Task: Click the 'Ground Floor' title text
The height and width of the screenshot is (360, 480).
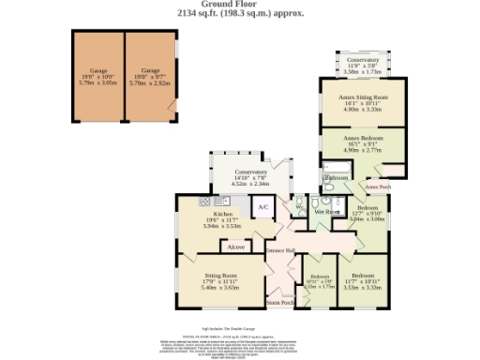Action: pos(239,6)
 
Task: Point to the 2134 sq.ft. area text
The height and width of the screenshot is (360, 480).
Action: pos(239,14)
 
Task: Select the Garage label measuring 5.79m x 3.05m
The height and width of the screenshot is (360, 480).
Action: pos(98,70)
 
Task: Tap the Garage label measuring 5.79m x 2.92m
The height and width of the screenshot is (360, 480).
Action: pos(150,70)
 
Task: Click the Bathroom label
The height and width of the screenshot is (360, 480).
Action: pos(337,176)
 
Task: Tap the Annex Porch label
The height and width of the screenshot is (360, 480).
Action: pos(378,186)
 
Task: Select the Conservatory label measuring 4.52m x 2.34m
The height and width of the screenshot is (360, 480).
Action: pos(250,172)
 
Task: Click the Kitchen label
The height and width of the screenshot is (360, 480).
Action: pos(222,214)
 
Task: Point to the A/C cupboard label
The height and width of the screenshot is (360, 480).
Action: pos(263,206)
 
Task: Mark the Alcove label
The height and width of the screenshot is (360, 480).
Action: pos(236,247)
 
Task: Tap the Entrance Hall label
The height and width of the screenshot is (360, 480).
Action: pos(280,249)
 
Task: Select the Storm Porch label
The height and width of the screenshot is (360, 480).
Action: pos(280,303)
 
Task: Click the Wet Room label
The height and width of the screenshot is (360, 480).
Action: pos(326,213)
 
